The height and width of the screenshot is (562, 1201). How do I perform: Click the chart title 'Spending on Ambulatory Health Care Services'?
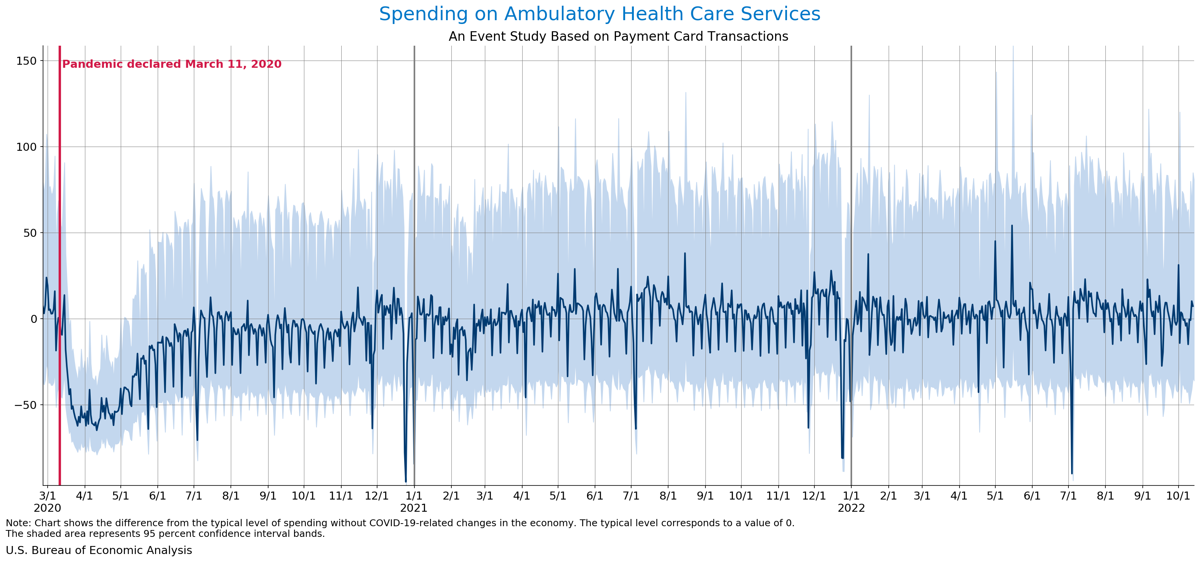[600, 14]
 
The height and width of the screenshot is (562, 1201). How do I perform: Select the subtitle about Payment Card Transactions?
[618, 36]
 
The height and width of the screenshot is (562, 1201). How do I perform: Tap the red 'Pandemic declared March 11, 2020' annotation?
[171, 64]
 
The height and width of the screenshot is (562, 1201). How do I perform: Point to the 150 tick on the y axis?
[27, 61]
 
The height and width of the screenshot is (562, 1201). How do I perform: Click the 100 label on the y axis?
[27, 147]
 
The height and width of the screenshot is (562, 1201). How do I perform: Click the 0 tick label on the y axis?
[34, 319]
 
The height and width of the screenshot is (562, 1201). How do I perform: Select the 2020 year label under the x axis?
[47, 508]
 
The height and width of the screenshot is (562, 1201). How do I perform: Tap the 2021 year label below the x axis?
[414, 508]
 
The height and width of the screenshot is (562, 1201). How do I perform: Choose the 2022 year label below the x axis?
[851, 508]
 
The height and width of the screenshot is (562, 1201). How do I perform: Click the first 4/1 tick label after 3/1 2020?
[85, 496]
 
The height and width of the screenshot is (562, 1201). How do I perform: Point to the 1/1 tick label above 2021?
[414, 496]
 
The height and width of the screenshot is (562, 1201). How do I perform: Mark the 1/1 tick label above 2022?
[851, 496]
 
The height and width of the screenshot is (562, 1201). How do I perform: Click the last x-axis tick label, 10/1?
[1178, 496]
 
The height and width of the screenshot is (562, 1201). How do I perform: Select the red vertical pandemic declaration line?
[60, 279]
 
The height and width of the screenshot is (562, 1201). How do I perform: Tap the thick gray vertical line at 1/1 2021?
[414, 187]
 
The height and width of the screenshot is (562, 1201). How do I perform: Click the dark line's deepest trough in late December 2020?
[406, 481]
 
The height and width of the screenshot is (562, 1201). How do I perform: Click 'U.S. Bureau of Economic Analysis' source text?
[99, 550]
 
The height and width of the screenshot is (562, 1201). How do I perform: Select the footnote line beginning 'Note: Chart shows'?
[400, 523]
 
